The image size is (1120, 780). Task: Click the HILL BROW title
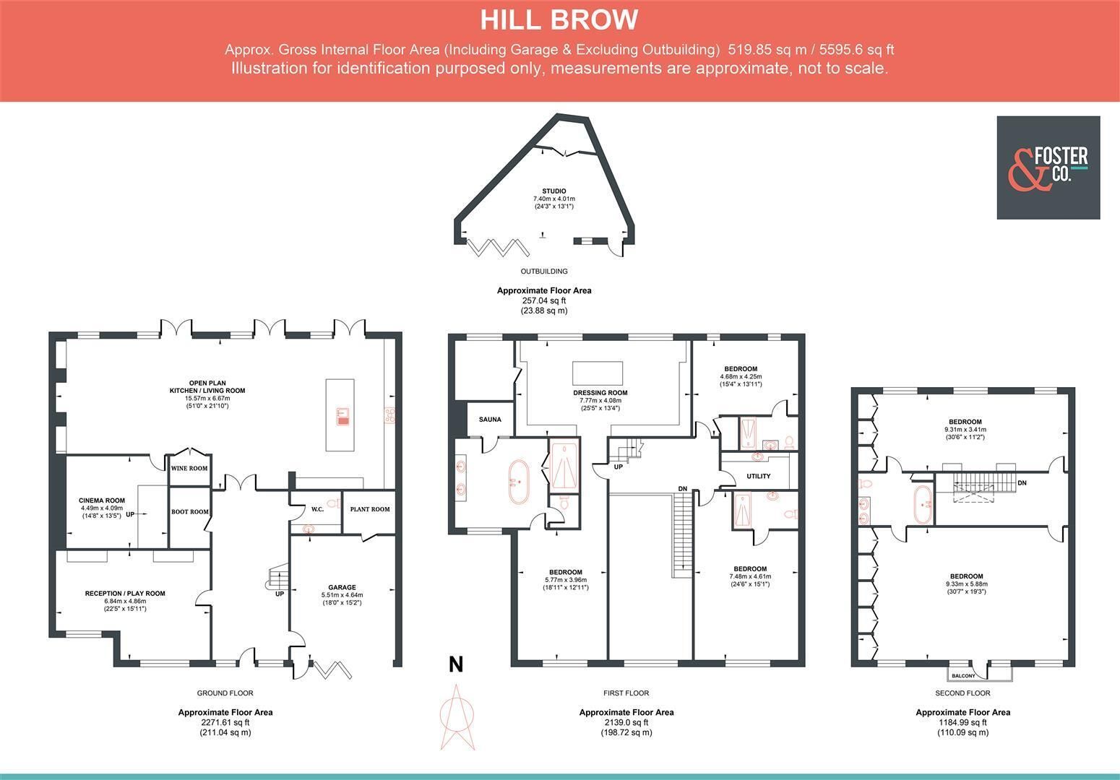[559, 20]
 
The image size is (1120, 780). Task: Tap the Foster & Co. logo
[1048, 168]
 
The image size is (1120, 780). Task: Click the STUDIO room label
[554, 191]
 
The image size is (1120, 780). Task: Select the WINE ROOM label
[189, 468]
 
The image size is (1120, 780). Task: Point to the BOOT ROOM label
[190, 511]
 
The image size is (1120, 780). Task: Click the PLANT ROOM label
[369, 509]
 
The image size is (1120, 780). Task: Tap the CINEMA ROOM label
[102, 500]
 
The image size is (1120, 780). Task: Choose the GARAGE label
[342, 587]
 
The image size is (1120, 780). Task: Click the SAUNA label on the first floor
[490, 419]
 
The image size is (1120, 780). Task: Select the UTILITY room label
[759, 476]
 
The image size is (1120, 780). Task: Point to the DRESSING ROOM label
[600, 393]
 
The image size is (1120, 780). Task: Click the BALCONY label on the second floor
[963, 675]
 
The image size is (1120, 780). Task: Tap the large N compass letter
[455, 664]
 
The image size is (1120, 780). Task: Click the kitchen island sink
[343, 417]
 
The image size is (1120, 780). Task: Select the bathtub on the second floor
[923, 504]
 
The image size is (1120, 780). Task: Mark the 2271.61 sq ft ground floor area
[225, 722]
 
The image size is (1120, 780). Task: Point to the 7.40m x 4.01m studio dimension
[554, 199]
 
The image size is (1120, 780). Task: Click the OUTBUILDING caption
[544, 272]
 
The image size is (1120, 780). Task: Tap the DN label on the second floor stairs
[1022, 483]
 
